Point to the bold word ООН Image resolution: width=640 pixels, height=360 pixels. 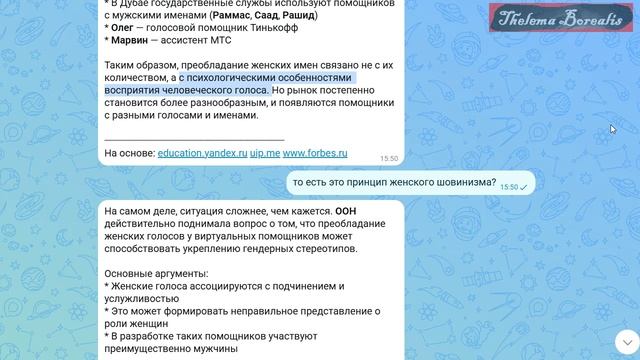point(345,211)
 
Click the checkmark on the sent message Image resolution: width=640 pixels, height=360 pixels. point(524,187)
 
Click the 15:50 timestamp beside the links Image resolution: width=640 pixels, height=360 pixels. point(389,158)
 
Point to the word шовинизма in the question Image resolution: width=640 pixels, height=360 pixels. point(460,183)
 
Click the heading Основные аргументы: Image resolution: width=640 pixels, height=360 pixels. point(156,273)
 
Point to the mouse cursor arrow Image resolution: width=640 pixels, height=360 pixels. point(613,129)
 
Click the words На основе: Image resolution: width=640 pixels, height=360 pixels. point(128,153)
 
